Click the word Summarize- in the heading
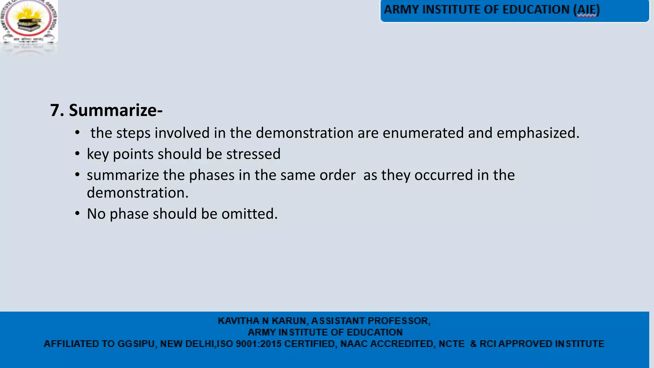[x=116, y=110]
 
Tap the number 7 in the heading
[x=55, y=110]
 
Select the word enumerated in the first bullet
[x=423, y=133]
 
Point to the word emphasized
[x=537, y=133]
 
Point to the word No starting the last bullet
[x=96, y=214]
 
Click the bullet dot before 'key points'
[x=77, y=154]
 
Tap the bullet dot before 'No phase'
[x=77, y=213]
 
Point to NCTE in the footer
[x=452, y=344]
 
